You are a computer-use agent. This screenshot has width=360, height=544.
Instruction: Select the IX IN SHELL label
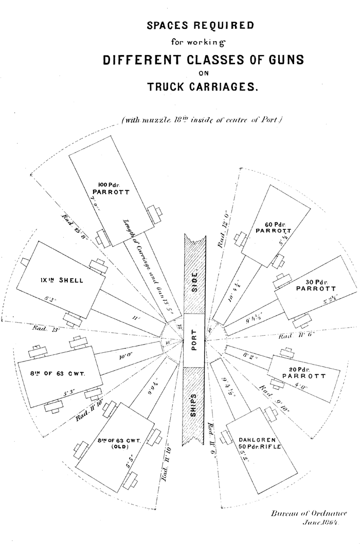65,280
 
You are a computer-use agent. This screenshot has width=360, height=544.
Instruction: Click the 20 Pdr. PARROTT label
303,372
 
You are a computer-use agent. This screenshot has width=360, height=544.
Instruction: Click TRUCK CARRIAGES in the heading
202,87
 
